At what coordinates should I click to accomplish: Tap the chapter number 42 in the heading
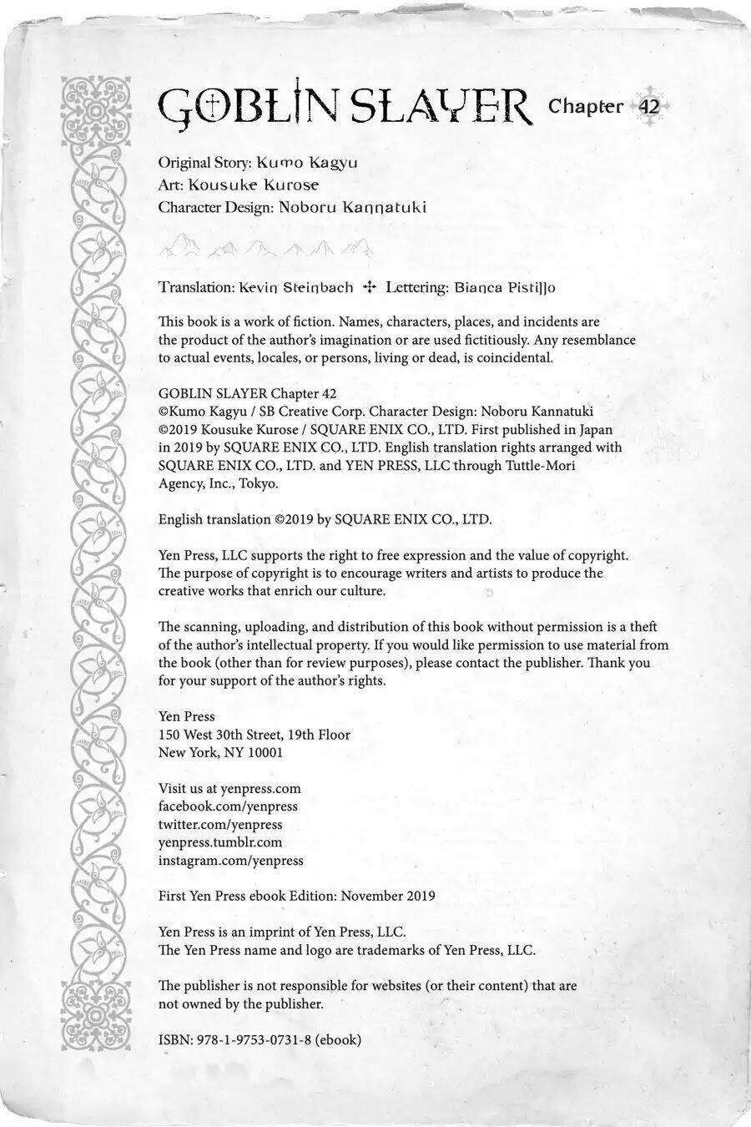(x=649, y=107)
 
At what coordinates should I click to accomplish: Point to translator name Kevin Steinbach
(x=295, y=287)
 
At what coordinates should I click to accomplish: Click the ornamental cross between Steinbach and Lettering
(x=370, y=287)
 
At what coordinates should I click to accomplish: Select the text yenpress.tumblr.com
(x=220, y=842)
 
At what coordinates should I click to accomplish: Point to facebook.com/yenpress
(x=228, y=806)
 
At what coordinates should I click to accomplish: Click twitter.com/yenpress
(x=220, y=824)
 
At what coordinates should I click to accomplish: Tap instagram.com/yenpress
(x=231, y=860)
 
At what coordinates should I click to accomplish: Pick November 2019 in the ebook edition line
(x=388, y=896)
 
